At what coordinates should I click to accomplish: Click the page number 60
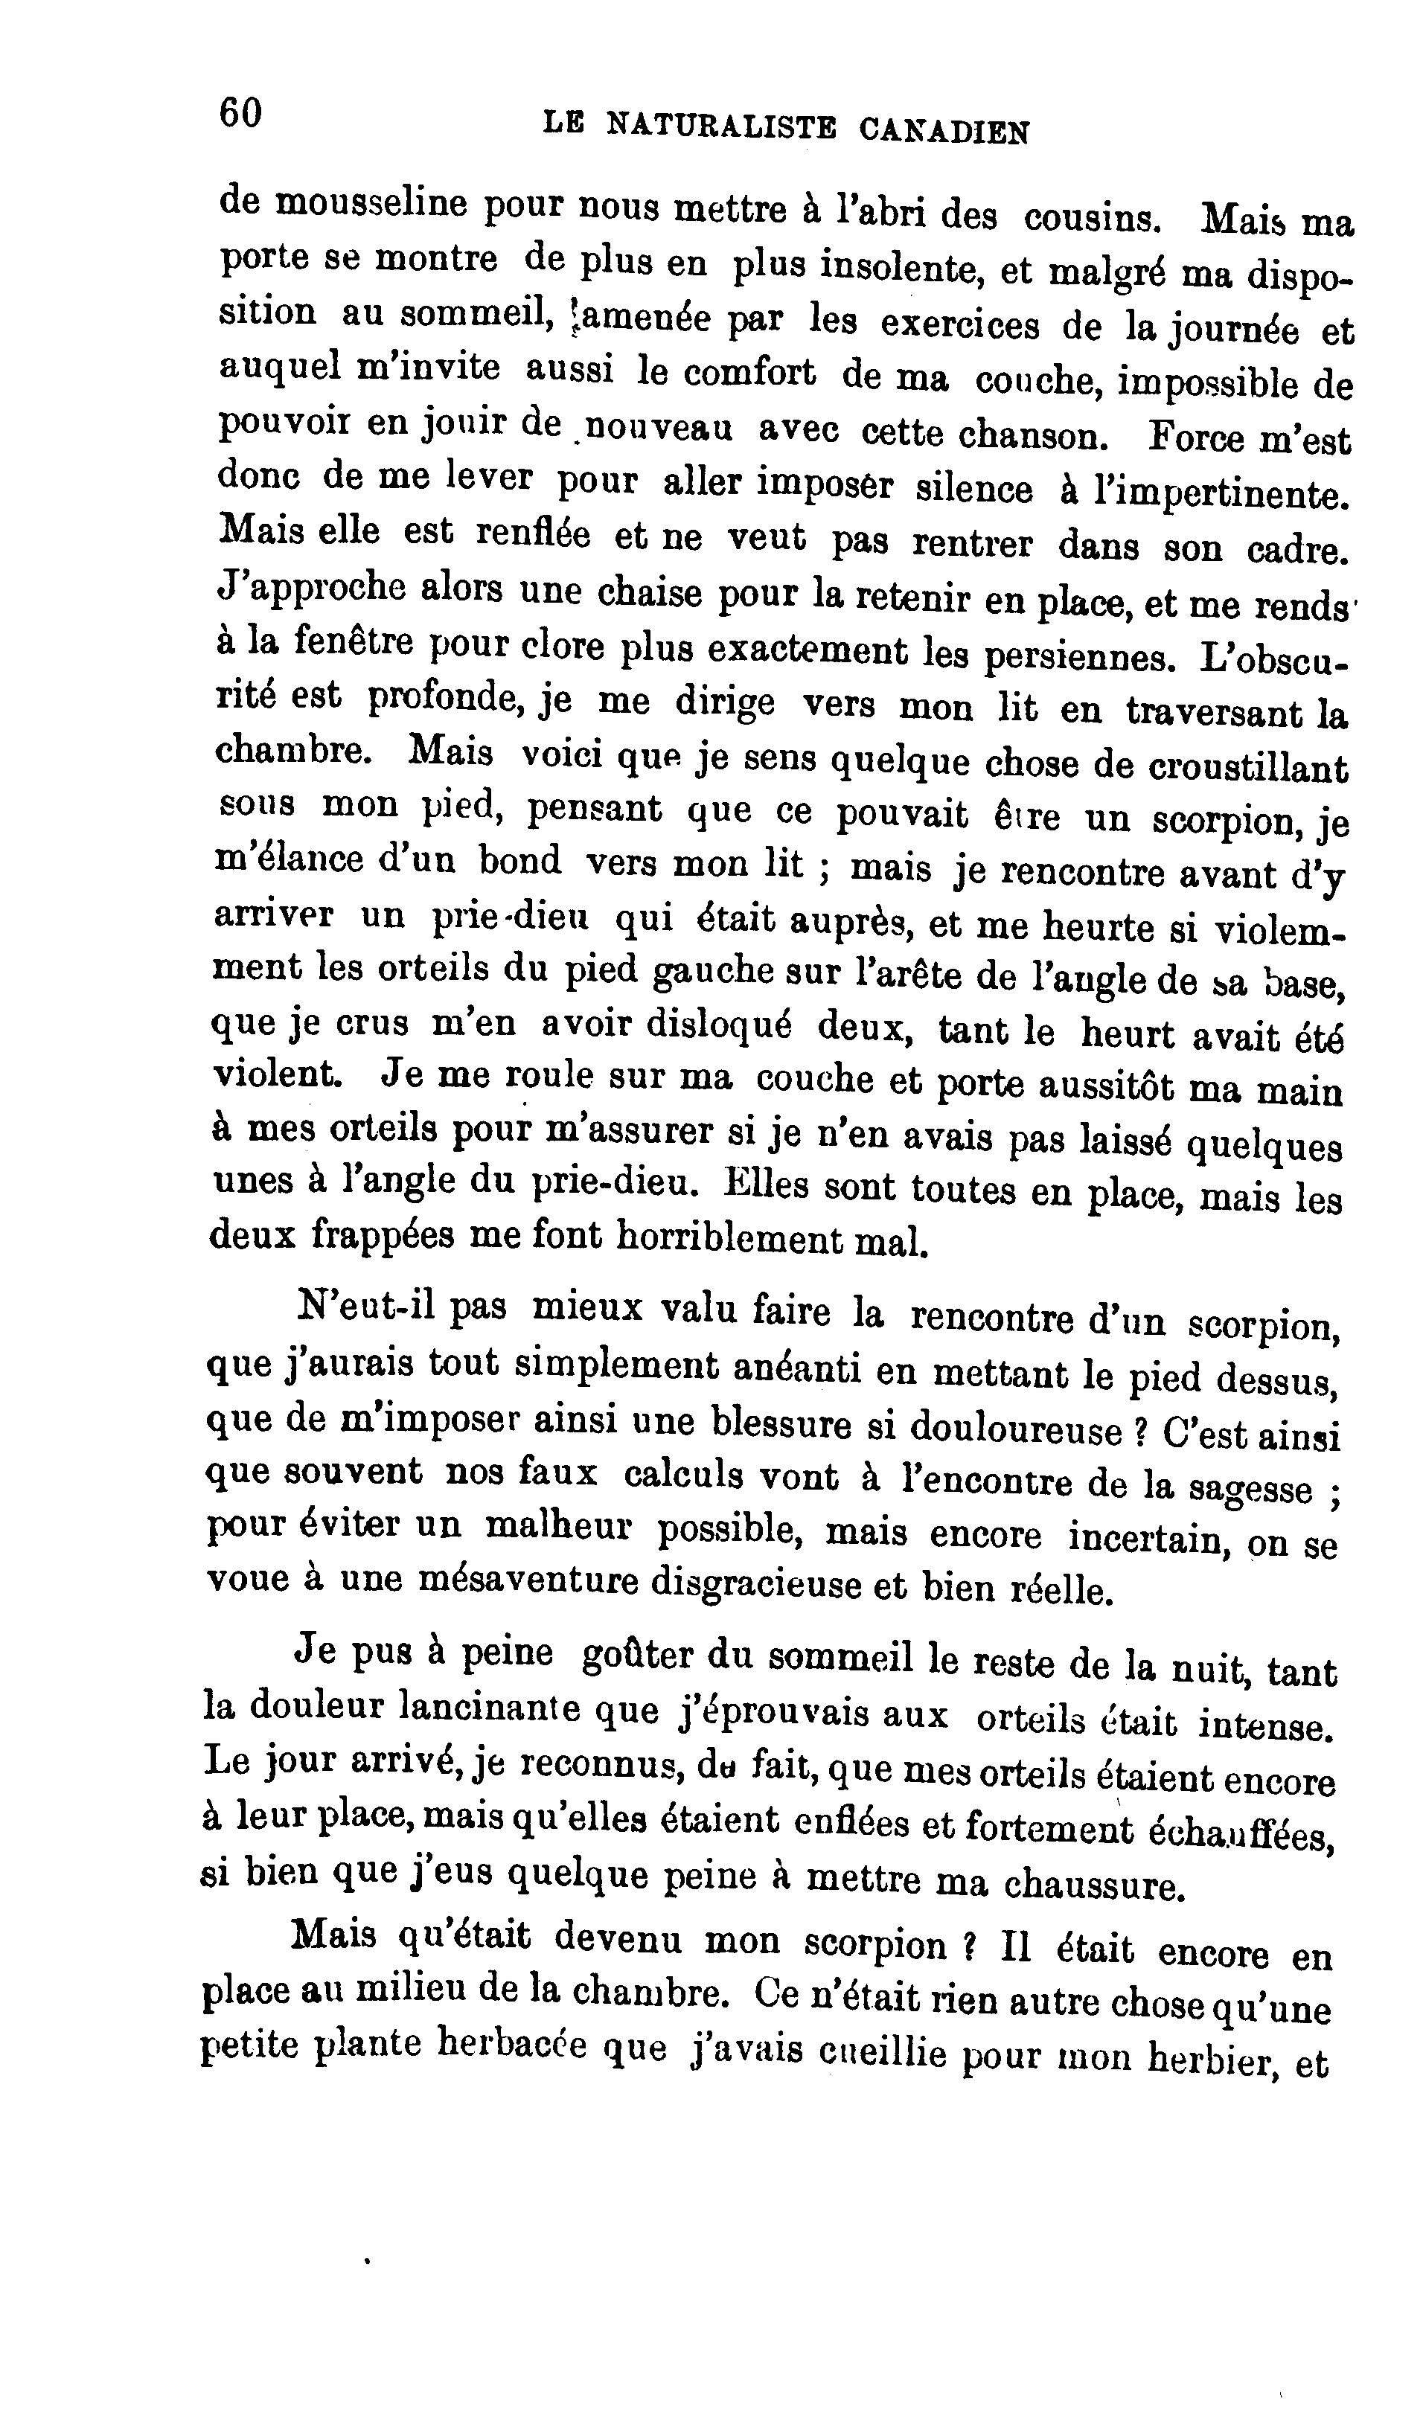tap(240, 113)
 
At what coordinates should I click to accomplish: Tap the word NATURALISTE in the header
tap(721, 126)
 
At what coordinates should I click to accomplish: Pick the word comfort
tap(727, 373)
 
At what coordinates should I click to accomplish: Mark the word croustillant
tap(1247, 768)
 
